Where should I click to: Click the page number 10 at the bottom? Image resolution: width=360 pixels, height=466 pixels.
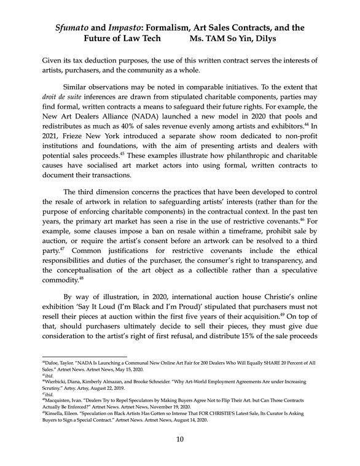pos(180,440)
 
